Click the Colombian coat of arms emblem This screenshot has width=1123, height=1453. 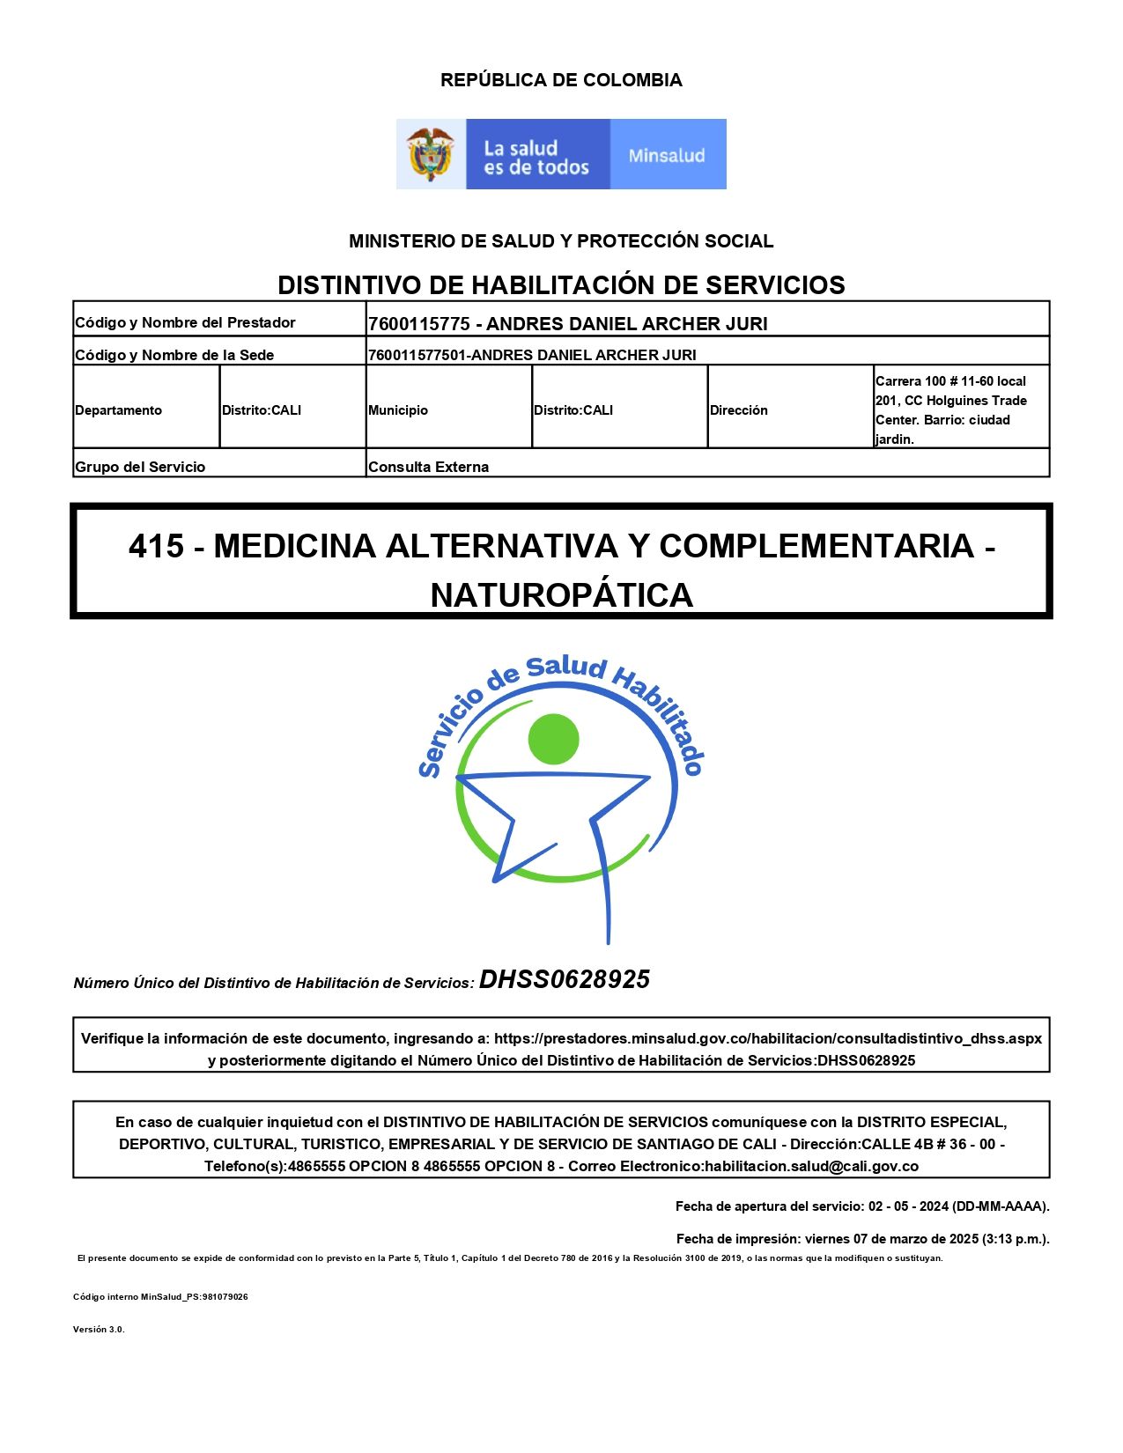(431, 154)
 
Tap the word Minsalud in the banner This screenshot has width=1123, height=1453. (667, 156)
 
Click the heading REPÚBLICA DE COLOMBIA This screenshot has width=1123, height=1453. (561, 80)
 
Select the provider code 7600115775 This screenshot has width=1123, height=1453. (419, 324)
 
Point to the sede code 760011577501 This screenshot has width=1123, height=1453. (417, 355)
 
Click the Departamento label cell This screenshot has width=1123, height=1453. (119, 410)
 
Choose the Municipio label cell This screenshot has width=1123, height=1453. (398, 410)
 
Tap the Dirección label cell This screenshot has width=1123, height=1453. (739, 410)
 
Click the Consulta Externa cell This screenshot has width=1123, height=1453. (429, 467)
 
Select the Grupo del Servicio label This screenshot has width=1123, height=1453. (140, 467)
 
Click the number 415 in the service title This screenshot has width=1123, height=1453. (157, 547)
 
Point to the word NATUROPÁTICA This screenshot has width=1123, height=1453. (561, 596)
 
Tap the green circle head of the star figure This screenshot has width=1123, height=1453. (554, 738)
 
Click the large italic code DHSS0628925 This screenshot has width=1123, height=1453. (565, 979)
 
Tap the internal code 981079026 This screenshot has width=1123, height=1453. (225, 1297)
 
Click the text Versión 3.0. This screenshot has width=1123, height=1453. (99, 1330)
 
